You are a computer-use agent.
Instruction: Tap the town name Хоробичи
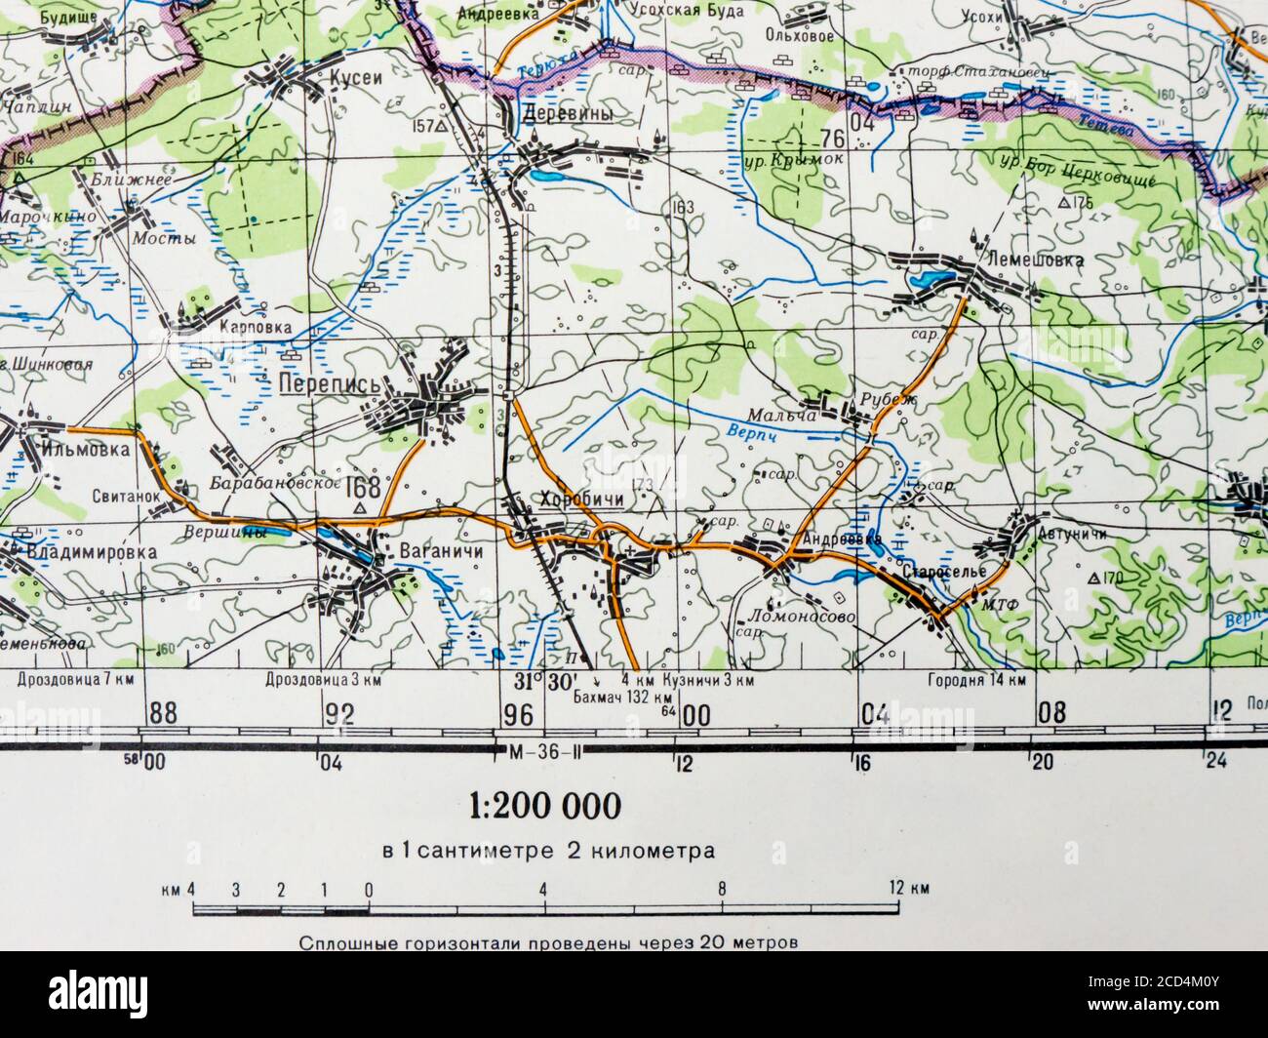[580, 499]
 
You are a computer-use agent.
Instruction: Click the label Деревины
[569, 114]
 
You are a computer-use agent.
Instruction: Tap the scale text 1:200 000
[544, 806]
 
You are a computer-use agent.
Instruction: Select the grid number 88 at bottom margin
[164, 713]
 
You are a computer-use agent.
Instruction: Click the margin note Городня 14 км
[975, 680]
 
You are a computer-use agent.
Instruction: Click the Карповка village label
[256, 328]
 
